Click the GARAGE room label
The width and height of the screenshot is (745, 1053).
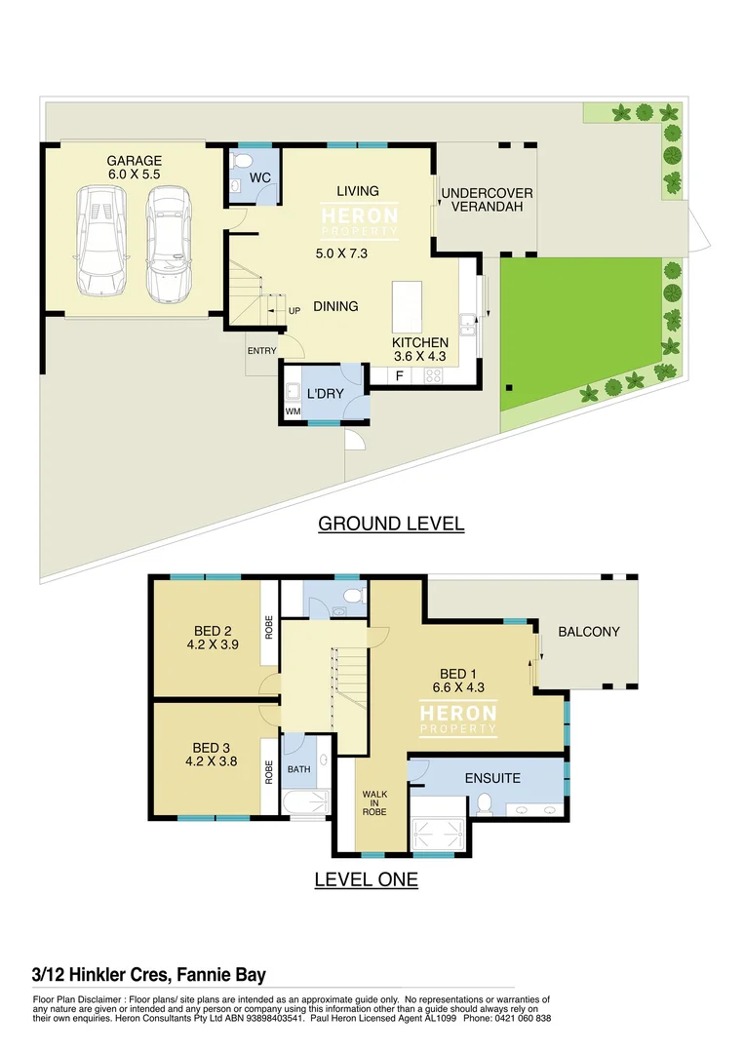(134, 161)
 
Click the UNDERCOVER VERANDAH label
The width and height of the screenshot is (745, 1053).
(487, 200)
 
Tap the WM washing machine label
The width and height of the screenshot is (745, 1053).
(293, 412)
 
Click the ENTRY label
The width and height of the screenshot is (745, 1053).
(261, 351)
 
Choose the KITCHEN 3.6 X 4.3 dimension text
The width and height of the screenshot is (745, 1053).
(419, 357)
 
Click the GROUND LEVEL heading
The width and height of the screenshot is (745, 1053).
(391, 524)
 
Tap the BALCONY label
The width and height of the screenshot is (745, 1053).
(588, 632)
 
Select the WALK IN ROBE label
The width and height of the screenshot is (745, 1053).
(375, 801)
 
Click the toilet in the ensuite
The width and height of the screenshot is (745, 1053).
(484, 803)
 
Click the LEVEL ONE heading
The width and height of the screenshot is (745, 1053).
(366, 879)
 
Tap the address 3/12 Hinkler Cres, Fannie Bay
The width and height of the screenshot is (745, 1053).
(148, 974)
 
